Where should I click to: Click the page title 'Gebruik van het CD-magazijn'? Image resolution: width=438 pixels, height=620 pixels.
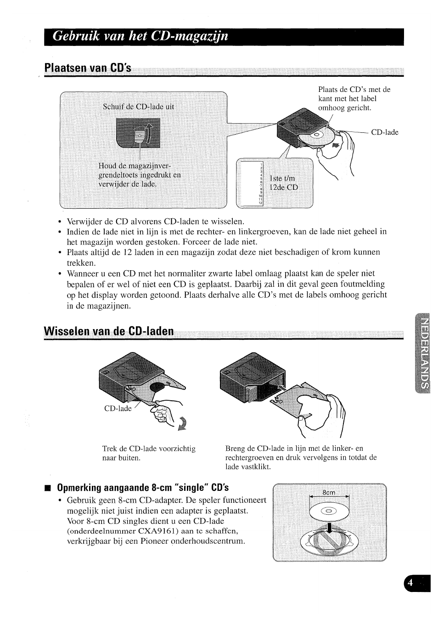click(x=140, y=36)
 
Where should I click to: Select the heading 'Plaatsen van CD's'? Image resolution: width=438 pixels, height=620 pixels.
click(x=88, y=68)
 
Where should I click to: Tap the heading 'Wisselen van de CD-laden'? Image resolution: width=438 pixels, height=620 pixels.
click(x=109, y=331)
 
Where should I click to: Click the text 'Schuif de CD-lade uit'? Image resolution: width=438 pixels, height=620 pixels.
click(x=138, y=107)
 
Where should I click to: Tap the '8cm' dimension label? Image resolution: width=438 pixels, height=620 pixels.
click(x=328, y=492)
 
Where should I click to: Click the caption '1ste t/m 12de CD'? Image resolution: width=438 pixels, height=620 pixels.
click(x=283, y=183)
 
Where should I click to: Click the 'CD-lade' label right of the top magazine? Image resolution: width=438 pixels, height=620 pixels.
click(x=384, y=132)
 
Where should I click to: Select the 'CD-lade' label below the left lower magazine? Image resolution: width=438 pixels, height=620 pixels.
click(x=118, y=408)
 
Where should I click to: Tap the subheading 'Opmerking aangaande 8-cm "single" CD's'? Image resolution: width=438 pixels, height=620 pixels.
click(x=143, y=487)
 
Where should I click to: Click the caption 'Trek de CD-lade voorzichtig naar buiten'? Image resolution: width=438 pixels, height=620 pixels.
click(x=149, y=453)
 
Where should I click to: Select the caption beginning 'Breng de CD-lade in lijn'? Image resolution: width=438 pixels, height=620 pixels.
click(x=301, y=457)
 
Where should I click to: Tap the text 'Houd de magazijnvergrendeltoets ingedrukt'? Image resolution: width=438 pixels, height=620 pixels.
click(x=140, y=175)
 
